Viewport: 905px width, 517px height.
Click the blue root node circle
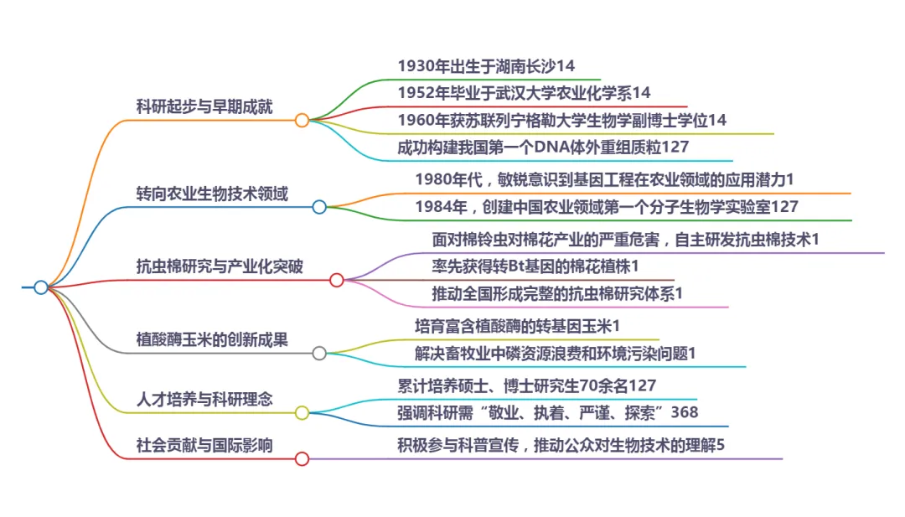tap(41, 287)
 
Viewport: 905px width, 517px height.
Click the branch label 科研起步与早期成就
tap(204, 106)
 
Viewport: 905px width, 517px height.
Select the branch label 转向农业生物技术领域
tap(212, 194)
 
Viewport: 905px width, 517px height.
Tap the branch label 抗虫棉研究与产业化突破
tap(220, 266)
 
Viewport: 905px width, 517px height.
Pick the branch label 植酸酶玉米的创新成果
tap(212, 339)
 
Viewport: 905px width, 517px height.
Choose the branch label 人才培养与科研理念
tap(204, 399)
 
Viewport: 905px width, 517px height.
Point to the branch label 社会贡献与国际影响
tap(204, 445)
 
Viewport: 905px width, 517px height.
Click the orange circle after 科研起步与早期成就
tap(302, 121)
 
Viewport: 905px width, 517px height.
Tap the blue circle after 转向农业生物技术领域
tap(319, 207)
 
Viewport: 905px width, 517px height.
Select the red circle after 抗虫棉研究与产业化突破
tap(336, 280)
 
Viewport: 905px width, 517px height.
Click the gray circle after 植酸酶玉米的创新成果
tap(319, 353)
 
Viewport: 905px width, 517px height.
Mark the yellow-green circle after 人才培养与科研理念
tap(302, 412)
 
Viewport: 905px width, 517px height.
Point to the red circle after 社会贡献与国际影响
tap(302, 458)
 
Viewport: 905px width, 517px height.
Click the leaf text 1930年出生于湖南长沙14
tap(486, 65)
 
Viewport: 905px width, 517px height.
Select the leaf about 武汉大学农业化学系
tap(524, 92)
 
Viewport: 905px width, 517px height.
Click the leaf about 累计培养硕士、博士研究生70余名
tap(526, 385)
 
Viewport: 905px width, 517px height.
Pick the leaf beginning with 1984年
tap(607, 206)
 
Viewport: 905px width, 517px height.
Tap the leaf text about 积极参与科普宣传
tap(561, 445)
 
